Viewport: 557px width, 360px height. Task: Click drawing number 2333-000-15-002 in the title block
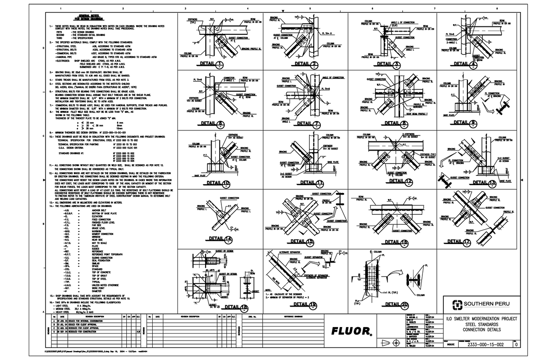coord(485,345)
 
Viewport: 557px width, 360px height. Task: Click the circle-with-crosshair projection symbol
coord(395,342)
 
